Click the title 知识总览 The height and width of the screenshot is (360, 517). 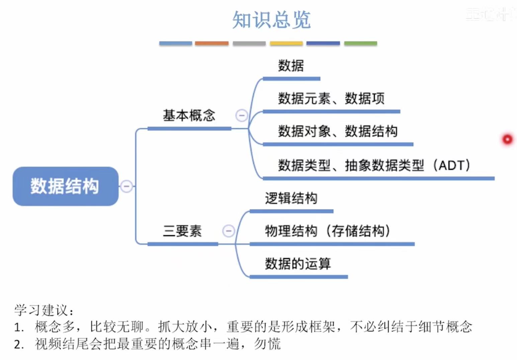pyautogui.click(x=271, y=20)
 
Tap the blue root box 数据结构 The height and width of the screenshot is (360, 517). pyautogui.click(x=65, y=186)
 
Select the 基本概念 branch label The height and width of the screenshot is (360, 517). pyautogui.click(x=189, y=116)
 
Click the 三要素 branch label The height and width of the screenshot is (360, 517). pyautogui.click(x=182, y=231)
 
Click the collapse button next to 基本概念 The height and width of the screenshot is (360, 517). pyautogui.click(x=242, y=116)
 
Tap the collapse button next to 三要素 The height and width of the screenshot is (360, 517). pyautogui.click(x=229, y=231)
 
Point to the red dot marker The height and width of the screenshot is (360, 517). pyautogui.click(x=507, y=139)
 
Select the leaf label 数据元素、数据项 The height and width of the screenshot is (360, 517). pyautogui.click(x=331, y=98)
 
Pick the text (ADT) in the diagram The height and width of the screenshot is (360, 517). pyautogui.click(x=452, y=165)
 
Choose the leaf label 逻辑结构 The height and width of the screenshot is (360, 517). pyautogui.click(x=291, y=198)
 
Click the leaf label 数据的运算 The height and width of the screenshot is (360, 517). pyautogui.click(x=298, y=264)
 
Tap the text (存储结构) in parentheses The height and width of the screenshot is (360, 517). pyautogui.click(x=358, y=231)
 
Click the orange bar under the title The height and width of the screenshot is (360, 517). pyautogui.click(x=211, y=44)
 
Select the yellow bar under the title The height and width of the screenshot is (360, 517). pyautogui.click(x=286, y=44)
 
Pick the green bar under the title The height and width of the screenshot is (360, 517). pyautogui.click(x=360, y=44)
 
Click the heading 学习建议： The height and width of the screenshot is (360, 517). pyautogui.click(x=44, y=310)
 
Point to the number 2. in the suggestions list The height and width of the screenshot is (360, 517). pyautogui.click(x=19, y=344)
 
